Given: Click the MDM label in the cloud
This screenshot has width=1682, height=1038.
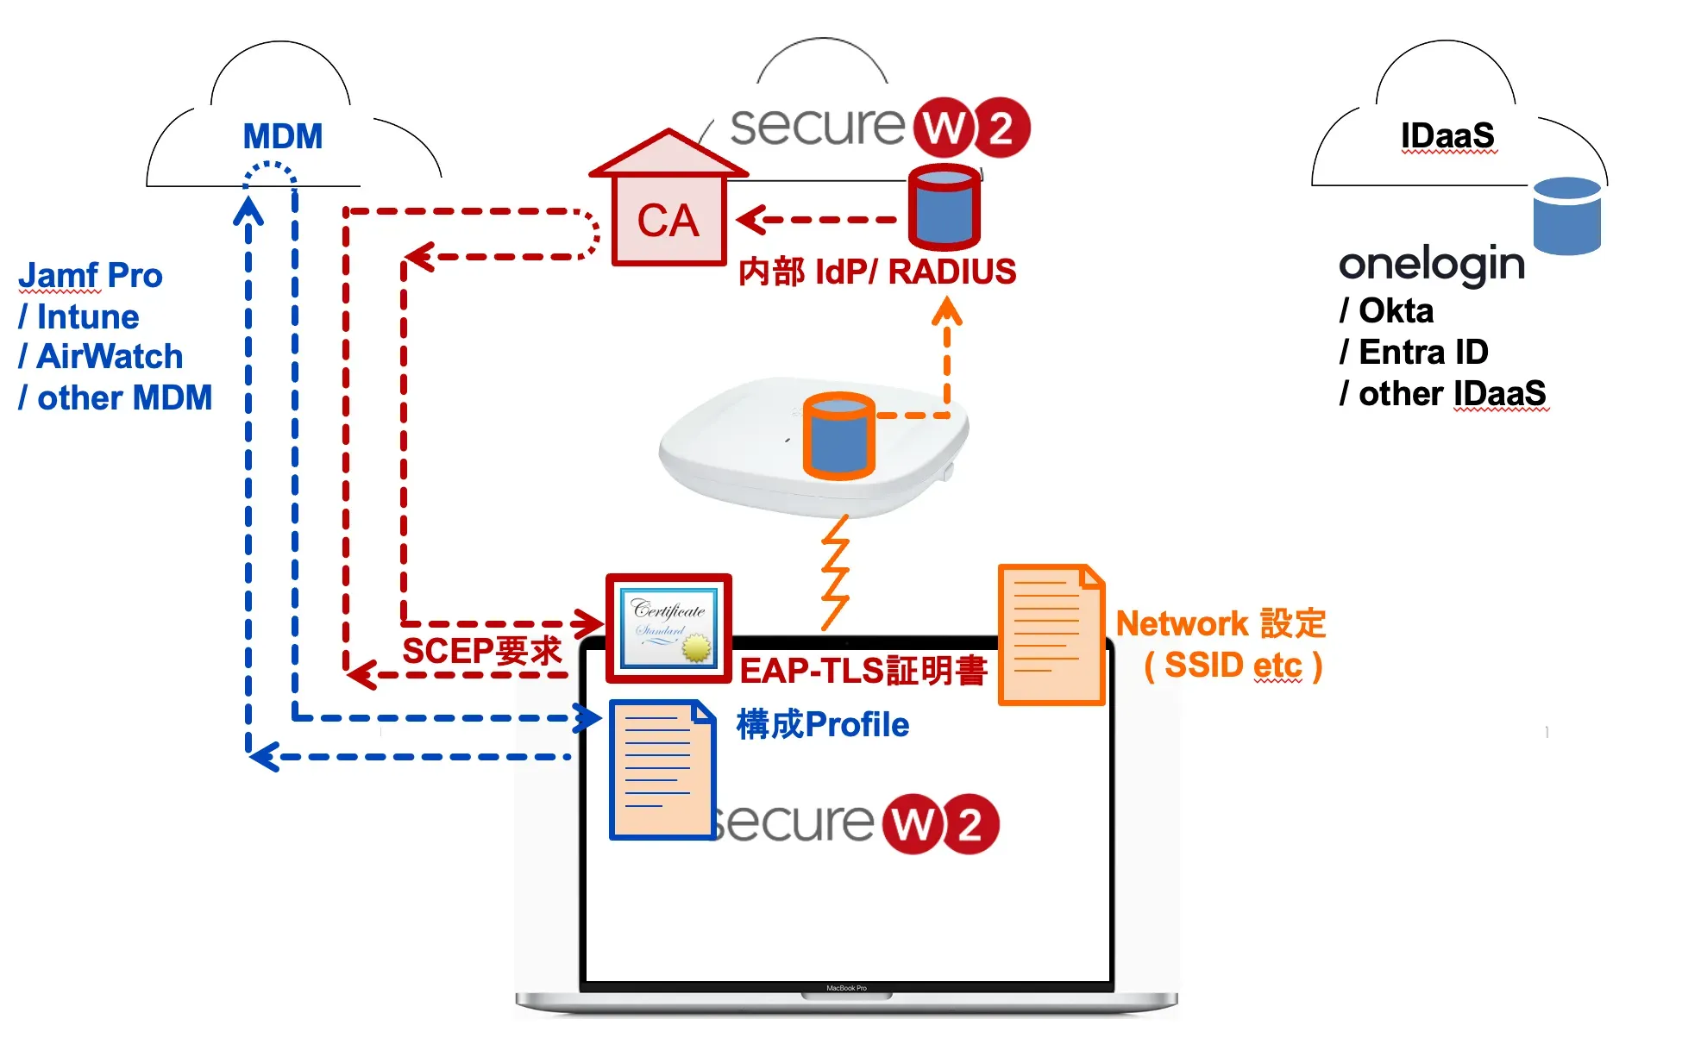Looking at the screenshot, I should click(282, 136).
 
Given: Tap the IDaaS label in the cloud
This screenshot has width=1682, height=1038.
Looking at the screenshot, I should click(1447, 135).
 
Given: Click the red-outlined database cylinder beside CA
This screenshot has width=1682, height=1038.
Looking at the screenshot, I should click(945, 207).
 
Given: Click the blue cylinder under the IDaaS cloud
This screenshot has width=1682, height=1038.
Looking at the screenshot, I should click(1566, 216).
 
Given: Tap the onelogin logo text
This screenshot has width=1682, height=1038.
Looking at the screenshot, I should click(1432, 263).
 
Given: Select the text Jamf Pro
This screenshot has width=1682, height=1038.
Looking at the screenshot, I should click(91, 276).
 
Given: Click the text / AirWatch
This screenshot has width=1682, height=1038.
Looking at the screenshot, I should click(101, 356).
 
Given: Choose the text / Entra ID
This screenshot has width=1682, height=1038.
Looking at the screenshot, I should click(1414, 352).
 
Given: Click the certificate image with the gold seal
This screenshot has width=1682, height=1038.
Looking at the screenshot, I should click(669, 628).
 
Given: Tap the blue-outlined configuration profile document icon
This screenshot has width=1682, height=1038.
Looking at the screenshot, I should click(662, 769).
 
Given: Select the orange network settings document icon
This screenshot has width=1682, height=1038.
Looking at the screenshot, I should click(1051, 635).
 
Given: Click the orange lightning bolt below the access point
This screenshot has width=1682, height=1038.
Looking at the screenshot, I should click(834, 573).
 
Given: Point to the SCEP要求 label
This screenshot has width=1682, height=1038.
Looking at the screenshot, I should click(481, 651).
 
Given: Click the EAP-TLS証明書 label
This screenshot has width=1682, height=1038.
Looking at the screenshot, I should click(863, 671).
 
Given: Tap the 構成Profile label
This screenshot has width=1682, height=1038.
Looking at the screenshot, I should click(822, 724).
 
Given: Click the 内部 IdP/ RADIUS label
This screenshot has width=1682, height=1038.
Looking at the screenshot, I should click(876, 272).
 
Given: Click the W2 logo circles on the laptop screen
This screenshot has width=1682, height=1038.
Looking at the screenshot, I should click(940, 824).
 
